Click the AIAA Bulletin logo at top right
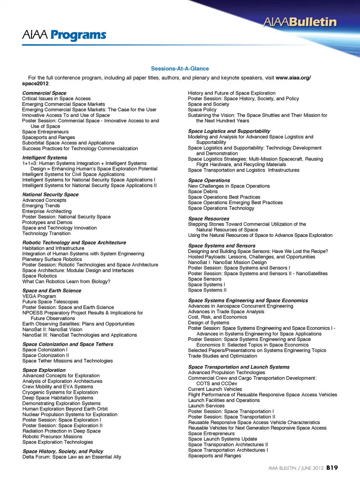(x=300, y=22)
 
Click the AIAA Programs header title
(x=64, y=35)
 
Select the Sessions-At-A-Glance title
(x=180, y=69)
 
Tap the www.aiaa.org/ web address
(x=293, y=78)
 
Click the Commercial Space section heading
(x=44, y=93)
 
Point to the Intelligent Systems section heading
(x=45, y=158)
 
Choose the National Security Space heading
(x=50, y=194)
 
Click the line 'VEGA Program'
(x=39, y=296)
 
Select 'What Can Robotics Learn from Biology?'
(x=66, y=282)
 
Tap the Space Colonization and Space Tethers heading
(x=67, y=344)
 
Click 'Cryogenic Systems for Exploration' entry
(x=60, y=392)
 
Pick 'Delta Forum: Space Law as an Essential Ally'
(x=72, y=457)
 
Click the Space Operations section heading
(x=209, y=180)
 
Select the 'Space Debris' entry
(x=202, y=191)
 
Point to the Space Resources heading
(x=208, y=218)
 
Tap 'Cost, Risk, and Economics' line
(x=217, y=317)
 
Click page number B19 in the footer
(x=332, y=468)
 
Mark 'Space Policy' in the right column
(x=202, y=110)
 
